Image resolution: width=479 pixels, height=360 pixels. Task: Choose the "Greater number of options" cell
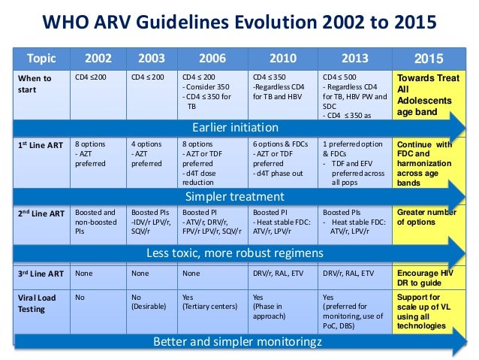424,217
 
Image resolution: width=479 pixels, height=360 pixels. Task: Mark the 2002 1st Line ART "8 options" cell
95,154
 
